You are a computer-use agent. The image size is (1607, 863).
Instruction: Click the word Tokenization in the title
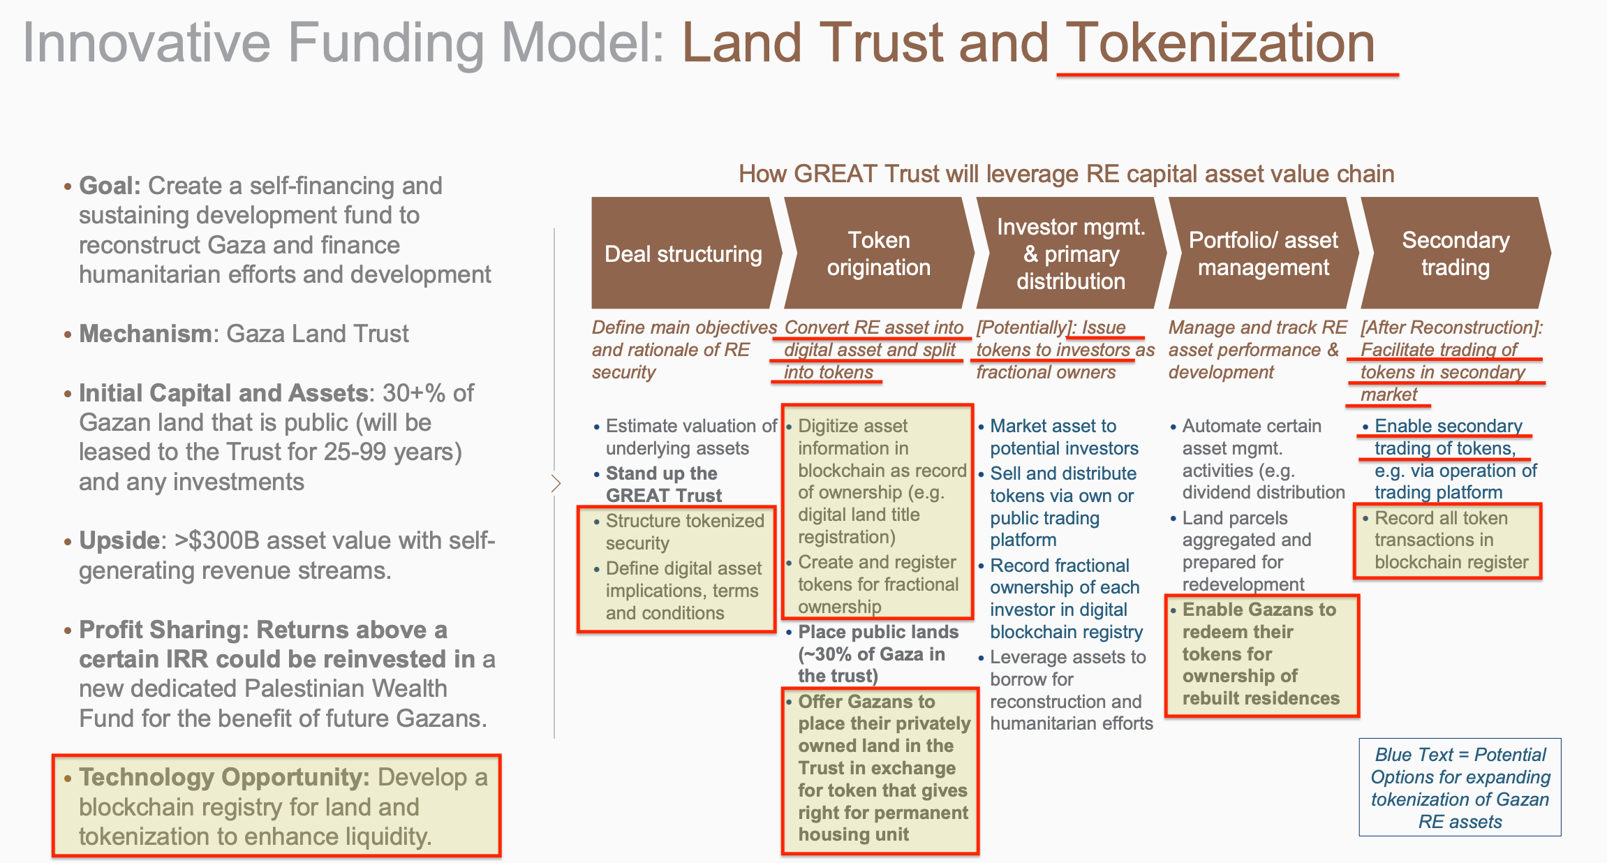(x=1220, y=43)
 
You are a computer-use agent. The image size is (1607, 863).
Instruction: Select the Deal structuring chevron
(x=683, y=253)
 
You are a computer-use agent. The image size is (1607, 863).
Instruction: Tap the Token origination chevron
(x=878, y=253)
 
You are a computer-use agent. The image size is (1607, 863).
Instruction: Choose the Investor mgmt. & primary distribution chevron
(x=1070, y=253)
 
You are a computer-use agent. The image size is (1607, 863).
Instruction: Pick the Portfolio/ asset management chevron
(x=1263, y=253)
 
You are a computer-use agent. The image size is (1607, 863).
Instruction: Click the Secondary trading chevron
(x=1456, y=253)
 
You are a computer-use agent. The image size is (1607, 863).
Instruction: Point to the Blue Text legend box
(x=1460, y=787)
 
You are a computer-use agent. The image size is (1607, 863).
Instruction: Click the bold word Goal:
(x=110, y=186)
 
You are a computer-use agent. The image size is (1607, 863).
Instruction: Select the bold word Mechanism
(x=145, y=334)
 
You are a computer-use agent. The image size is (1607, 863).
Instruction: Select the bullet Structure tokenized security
(x=684, y=531)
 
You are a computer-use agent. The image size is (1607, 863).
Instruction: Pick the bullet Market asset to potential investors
(x=1063, y=437)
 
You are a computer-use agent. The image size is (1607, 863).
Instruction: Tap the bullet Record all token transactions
(x=1451, y=540)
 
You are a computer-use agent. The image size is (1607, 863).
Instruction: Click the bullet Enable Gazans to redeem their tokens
(x=1260, y=654)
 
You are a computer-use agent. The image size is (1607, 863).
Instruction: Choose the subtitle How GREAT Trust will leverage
(x=1066, y=174)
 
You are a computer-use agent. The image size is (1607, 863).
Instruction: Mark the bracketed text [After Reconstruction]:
(x=1451, y=327)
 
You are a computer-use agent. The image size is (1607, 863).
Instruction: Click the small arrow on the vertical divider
(x=556, y=483)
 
